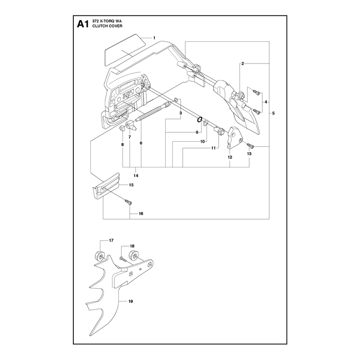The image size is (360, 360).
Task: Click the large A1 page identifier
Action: click(x=83, y=24)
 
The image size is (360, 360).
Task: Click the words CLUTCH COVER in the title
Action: click(x=107, y=26)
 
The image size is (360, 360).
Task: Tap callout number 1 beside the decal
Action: click(x=154, y=38)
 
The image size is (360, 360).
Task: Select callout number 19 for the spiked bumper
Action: click(x=130, y=301)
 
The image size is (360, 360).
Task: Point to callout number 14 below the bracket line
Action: click(x=136, y=175)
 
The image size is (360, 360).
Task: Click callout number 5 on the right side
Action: click(x=273, y=113)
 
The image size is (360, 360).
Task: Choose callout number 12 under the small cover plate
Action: click(x=230, y=157)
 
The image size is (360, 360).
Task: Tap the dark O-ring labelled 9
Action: click(x=199, y=120)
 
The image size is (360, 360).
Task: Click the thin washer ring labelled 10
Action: click(x=206, y=122)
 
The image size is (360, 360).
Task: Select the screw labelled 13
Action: click(x=250, y=145)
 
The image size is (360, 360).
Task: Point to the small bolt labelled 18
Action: click(x=122, y=259)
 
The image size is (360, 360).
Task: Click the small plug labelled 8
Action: click(x=122, y=128)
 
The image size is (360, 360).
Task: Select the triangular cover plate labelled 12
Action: click(x=235, y=137)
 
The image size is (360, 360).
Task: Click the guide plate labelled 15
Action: click(x=106, y=185)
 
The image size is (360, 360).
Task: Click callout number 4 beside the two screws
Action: click(x=266, y=102)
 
